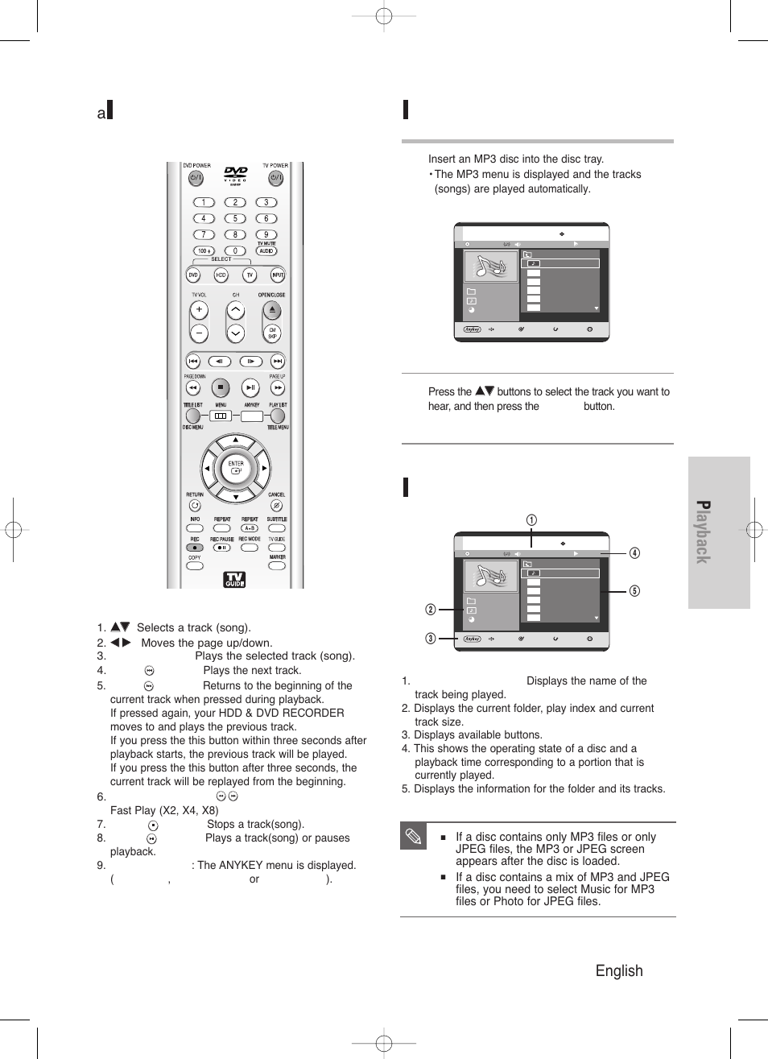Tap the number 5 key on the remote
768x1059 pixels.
coord(235,218)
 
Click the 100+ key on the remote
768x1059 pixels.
coord(204,250)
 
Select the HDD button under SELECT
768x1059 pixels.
coord(221,275)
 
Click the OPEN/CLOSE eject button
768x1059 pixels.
coord(272,309)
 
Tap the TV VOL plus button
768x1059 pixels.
coord(199,309)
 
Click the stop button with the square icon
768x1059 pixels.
coord(221,387)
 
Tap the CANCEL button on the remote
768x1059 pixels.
coord(276,506)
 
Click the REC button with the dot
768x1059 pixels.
coord(195,548)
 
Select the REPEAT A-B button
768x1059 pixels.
coord(250,528)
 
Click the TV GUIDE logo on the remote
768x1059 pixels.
coord(234,579)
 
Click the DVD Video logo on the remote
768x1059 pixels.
coord(236,174)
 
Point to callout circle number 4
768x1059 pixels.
coord(634,553)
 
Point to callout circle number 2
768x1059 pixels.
coord(431,610)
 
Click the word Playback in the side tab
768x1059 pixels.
coord(703,532)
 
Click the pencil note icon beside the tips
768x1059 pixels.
coord(413,838)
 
